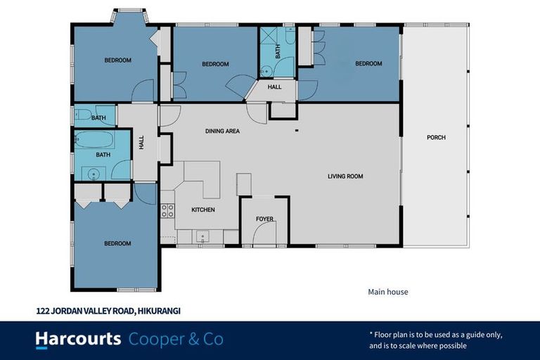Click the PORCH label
[x=436, y=137]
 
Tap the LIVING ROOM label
[x=345, y=176]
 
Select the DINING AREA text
[x=222, y=131]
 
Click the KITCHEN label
[x=203, y=210]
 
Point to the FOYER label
[x=264, y=219]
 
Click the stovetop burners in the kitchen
[x=168, y=210]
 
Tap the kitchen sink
[x=202, y=237]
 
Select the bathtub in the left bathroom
[x=94, y=139]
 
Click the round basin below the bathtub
[x=94, y=174]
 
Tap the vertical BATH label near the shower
[x=278, y=51]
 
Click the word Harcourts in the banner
[x=78, y=340]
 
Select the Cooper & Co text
[x=176, y=340]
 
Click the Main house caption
[x=388, y=292]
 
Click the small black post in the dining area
[x=297, y=131]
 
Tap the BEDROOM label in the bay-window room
[x=118, y=60]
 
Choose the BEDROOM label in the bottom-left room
[x=117, y=243]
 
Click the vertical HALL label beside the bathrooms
[x=141, y=142]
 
